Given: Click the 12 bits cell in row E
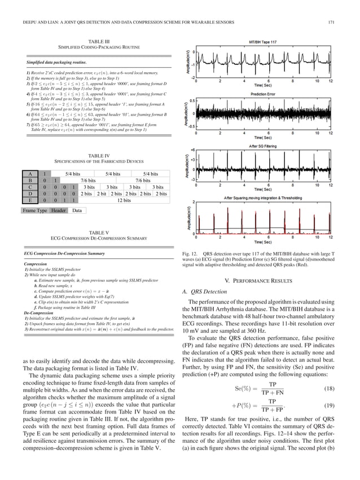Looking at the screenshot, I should coord(124,200).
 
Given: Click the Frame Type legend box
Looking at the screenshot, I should coord(34,211).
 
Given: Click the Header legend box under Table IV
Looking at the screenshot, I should coord(58,211).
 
